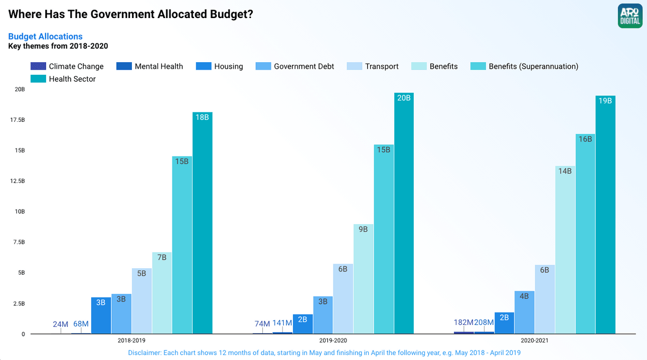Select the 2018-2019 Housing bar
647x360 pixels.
(x=101, y=315)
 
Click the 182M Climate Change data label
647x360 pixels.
(x=463, y=322)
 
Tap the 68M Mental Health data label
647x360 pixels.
(x=81, y=324)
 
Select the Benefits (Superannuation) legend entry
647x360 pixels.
(x=533, y=66)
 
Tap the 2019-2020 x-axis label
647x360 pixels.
(x=333, y=340)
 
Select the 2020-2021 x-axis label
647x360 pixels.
(x=535, y=340)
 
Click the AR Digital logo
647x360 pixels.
(x=630, y=16)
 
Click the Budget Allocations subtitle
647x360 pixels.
(x=45, y=36)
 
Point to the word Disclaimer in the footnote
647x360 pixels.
(x=144, y=352)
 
